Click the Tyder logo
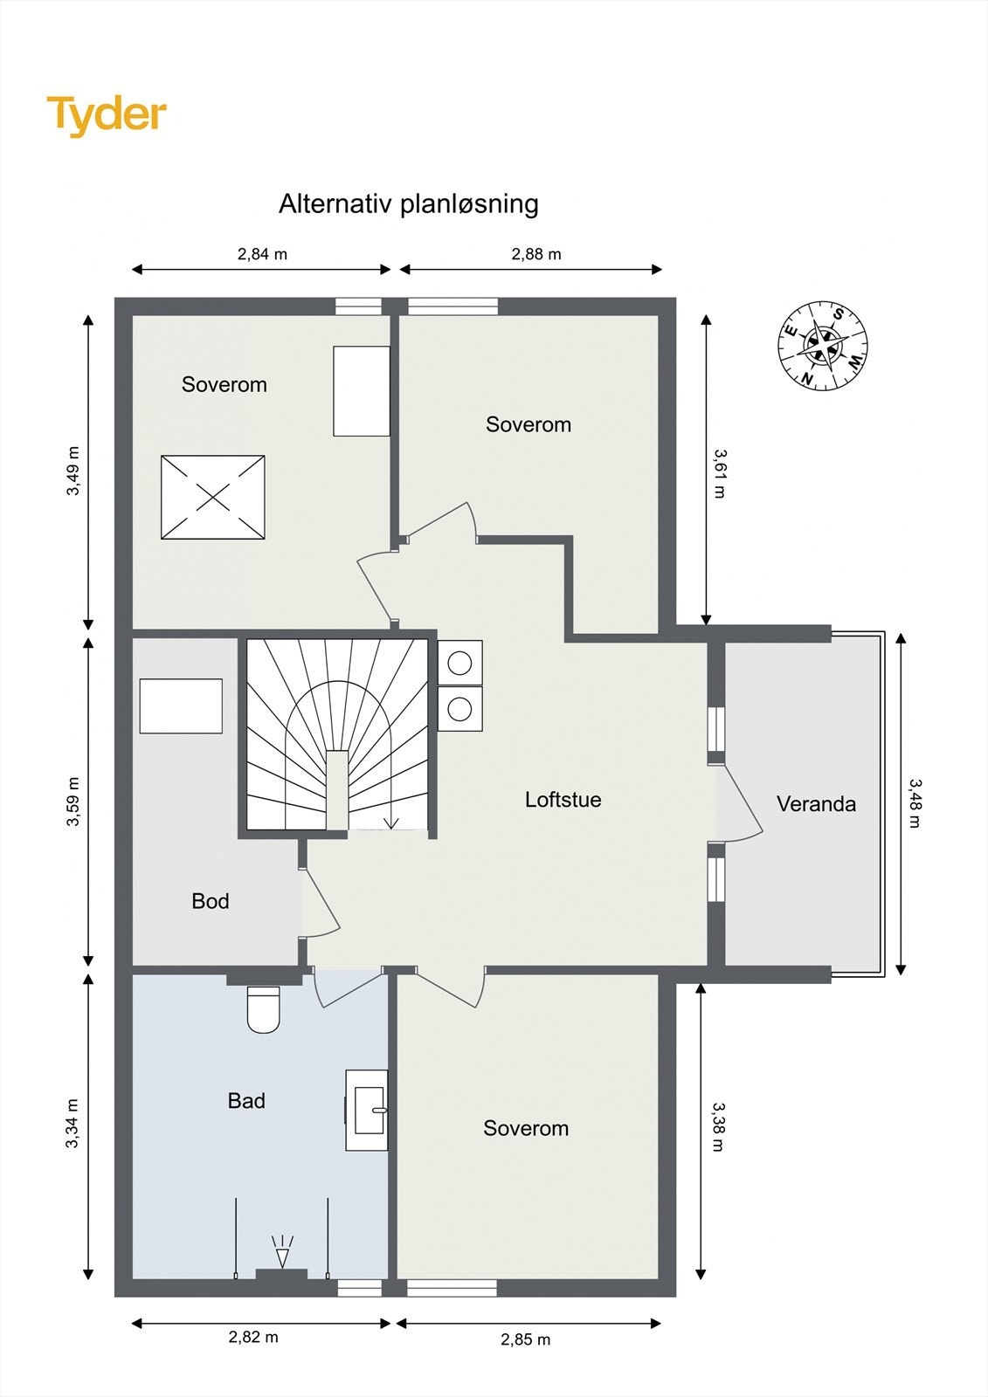[107, 116]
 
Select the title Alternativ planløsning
[408, 204]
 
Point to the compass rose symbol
[823, 346]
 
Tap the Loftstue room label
[563, 800]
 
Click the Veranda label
[816, 804]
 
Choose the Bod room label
[211, 900]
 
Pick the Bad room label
[246, 1101]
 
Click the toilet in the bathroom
[264, 1009]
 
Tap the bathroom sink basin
[370, 1110]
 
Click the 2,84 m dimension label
[262, 254]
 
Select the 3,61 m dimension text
[720, 473]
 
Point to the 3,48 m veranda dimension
[915, 803]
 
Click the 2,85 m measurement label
[526, 1339]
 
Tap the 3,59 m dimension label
[73, 802]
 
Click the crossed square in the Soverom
[213, 497]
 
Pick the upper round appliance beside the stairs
[460, 663]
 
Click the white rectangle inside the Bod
[181, 706]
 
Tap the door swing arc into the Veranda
[743, 804]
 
